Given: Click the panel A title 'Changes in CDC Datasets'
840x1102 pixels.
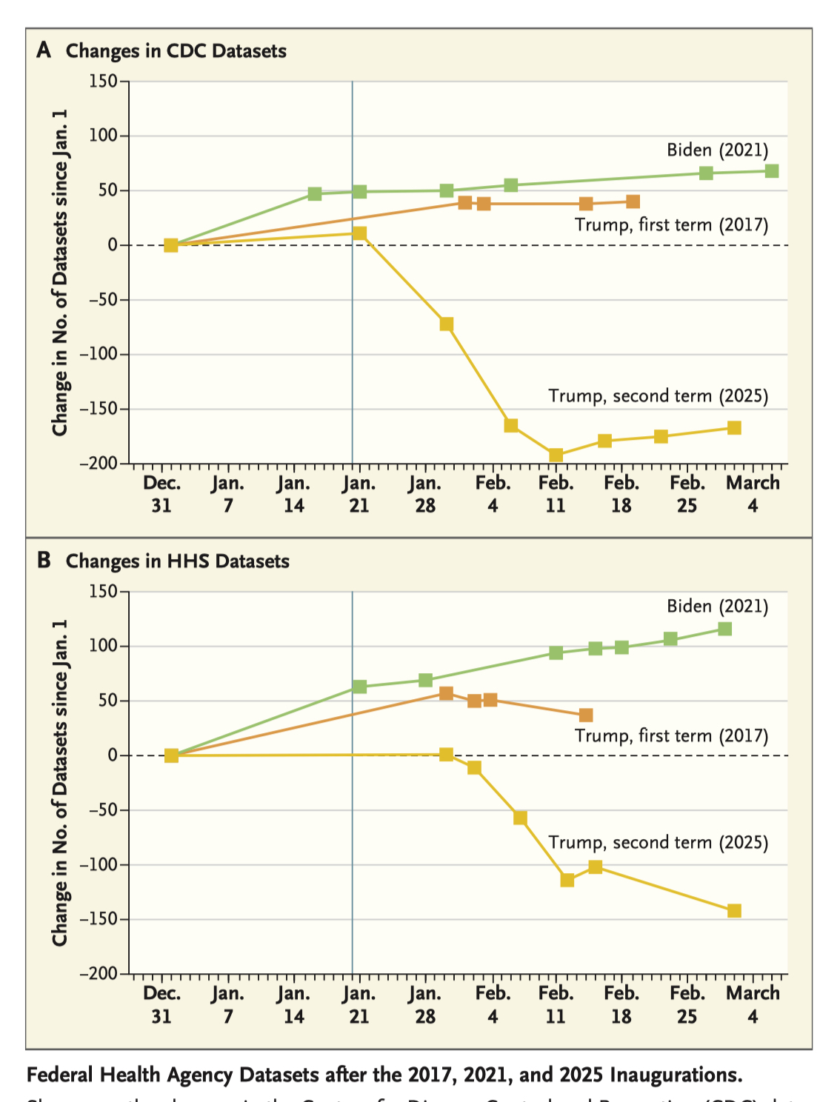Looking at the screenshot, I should (x=176, y=51).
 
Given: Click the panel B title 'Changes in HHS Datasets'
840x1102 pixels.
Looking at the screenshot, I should (x=177, y=561).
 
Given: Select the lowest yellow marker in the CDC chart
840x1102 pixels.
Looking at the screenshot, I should (x=556, y=455).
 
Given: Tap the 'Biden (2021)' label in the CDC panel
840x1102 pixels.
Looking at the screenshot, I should (x=717, y=150).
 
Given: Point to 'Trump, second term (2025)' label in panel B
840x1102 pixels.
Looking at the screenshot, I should (x=658, y=843).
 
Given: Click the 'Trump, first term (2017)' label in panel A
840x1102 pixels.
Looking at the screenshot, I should (x=671, y=225).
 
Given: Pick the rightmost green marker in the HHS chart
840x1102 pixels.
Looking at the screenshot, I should (x=725, y=629).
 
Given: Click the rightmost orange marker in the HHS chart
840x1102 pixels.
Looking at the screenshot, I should (x=586, y=715).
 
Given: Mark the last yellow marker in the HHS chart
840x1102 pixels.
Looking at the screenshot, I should (x=734, y=910).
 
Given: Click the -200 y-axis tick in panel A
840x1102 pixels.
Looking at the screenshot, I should (x=99, y=464).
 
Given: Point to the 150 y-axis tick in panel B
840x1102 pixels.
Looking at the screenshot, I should (x=103, y=591).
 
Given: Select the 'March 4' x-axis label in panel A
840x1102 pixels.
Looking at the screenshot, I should (x=753, y=494).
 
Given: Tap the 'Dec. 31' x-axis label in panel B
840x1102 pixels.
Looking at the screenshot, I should (x=161, y=1004).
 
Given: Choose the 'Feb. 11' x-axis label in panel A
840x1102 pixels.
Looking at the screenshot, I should (x=556, y=494).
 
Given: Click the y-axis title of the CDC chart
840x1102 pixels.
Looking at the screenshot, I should (x=60, y=273).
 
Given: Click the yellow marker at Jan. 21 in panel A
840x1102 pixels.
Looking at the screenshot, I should (x=359, y=233).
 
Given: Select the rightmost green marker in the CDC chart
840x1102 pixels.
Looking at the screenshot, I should (x=771, y=171).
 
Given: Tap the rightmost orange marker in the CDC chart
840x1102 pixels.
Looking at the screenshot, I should (x=633, y=201).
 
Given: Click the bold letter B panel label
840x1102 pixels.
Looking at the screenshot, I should (x=44, y=561).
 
